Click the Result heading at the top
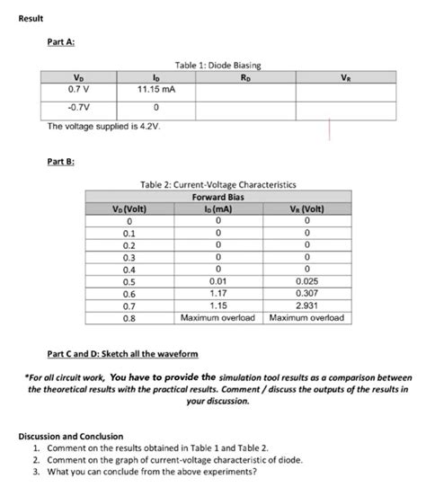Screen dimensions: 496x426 tap(31, 20)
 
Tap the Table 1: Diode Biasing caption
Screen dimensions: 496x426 tap(213, 66)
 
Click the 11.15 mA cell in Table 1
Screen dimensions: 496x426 tap(155, 90)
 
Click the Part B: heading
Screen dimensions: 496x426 tap(61, 161)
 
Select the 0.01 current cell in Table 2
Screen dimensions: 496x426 tap(218, 281)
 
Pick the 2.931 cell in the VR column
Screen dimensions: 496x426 tap(307, 306)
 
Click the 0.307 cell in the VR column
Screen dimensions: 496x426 tap(307, 294)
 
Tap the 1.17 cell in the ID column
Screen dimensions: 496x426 tap(218, 294)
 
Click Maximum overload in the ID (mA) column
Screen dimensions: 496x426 tap(218, 318)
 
